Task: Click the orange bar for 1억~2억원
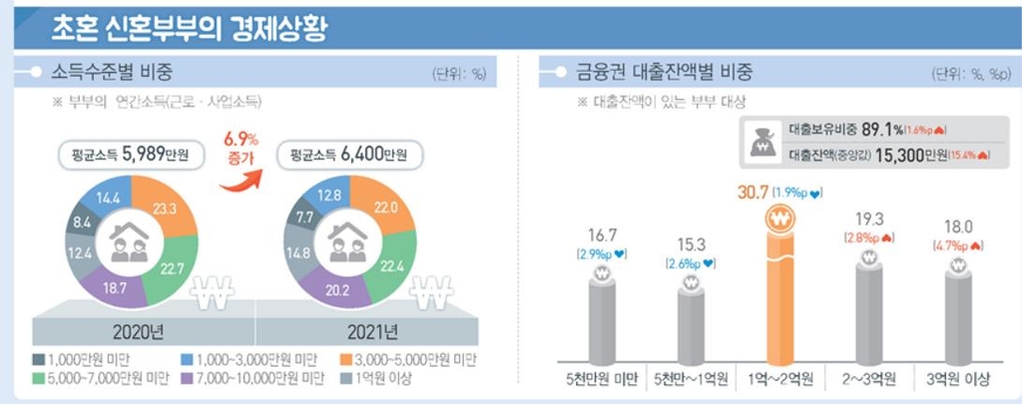pyautogui.click(x=776, y=289)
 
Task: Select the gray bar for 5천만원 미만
pyautogui.click(x=600, y=314)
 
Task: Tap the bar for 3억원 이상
pyautogui.click(x=957, y=314)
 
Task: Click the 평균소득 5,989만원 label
pyautogui.click(x=131, y=157)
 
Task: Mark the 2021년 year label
pyautogui.click(x=372, y=330)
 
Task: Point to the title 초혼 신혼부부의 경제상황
pyautogui.click(x=191, y=27)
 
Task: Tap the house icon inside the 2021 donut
pyautogui.click(x=349, y=240)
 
